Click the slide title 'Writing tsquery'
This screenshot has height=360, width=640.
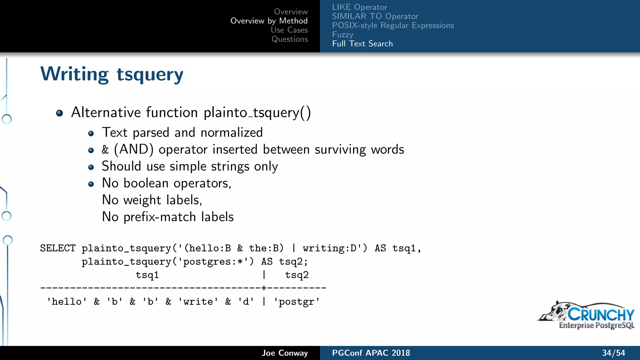[112, 74]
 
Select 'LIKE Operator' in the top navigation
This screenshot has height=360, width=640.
[359, 7]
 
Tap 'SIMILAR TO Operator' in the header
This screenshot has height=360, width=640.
[375, 16]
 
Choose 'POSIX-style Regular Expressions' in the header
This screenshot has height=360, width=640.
[393, 25]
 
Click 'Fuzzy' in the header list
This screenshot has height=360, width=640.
[342, 34]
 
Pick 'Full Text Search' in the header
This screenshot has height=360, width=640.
[362, 44]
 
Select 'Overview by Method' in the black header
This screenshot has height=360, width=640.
[269, 21]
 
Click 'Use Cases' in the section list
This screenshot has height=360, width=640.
[289, 30]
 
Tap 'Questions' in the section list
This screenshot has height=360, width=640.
[289, 39]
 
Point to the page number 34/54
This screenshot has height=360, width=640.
[613, 353]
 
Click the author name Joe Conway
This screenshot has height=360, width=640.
[285, 353]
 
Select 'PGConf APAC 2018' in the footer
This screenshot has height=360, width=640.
[371, 353]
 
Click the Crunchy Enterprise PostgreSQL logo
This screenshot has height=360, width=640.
[587, 316]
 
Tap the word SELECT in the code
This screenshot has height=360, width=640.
[58, 248]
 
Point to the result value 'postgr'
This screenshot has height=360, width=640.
[297, 302]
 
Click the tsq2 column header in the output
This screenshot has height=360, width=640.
[297, 275]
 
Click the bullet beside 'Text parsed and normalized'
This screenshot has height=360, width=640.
[91, 133]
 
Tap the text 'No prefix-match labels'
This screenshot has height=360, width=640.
[168, 217]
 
